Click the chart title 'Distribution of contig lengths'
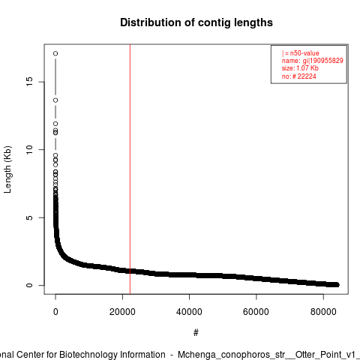[x=196, y=22]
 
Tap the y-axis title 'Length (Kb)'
[x=7, y=169]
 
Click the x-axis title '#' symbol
[x=196, y=333]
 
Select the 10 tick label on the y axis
[x=29, y=149]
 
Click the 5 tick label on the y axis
[x=29, y=217]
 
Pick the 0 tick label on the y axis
[x=29, y=285]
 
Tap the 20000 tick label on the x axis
[x=122, y=312]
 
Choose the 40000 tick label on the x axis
[x=189, y=312]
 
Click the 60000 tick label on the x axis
[x=256, y=312]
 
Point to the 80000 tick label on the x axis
[x=323, y=312]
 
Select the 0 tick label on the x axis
[x=55, y=312]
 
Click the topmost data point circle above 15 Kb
[x=55, y=53]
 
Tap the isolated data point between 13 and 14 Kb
[x=55, y=100]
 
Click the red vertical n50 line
[x=130, y=169]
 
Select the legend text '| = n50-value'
[x=301, y=53]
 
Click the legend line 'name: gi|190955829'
[x=313, y=61]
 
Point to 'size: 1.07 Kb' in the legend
[x=300, y=68]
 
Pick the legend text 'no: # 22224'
[x=299, y=76]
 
